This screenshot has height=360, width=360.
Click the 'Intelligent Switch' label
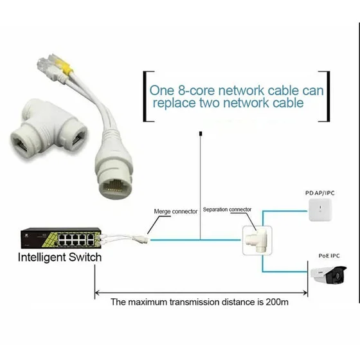60,257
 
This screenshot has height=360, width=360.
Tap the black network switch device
61,238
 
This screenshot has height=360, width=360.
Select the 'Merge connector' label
175,212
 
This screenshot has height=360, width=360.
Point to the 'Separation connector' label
227,210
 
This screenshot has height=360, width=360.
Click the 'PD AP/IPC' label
320,193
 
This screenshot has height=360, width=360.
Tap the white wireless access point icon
320,210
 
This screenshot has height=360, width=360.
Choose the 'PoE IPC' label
329,256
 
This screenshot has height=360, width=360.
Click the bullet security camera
328,275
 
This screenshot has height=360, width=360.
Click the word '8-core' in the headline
196,91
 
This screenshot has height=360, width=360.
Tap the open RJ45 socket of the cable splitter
115,186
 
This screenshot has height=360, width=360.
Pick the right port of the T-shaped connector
78,138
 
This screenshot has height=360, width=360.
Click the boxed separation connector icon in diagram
257,240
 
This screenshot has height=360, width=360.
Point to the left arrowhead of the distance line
97,292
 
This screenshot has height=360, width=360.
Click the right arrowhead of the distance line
305,292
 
